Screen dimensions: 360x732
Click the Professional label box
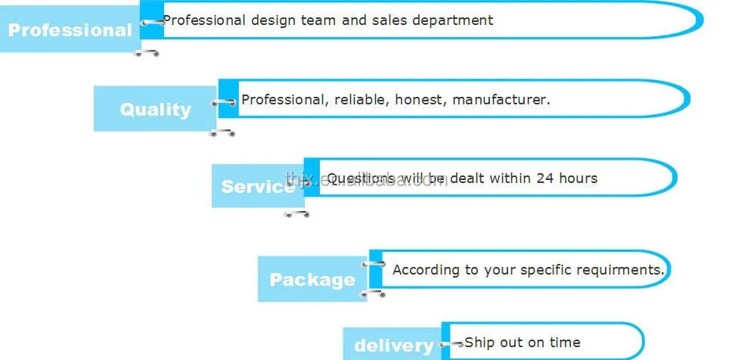[70, 30]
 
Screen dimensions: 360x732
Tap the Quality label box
[155, 109]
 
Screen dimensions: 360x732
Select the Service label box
[257, 186]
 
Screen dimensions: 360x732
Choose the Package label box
[312, 279]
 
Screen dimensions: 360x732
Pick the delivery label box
[392, 346]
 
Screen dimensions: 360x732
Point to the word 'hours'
[578, 178]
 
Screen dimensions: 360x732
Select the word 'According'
[424, 270]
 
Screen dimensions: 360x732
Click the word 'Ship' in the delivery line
[479, 343]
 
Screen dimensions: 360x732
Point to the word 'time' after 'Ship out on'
[565, 343]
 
